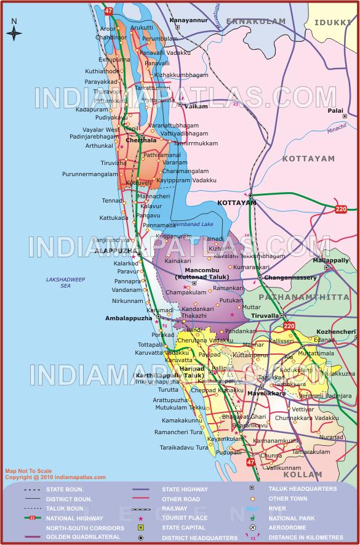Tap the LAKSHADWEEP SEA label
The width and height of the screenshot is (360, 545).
coord(65,283)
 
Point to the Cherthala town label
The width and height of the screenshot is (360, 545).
coord(141,140)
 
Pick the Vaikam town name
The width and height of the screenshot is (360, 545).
coord(196,107)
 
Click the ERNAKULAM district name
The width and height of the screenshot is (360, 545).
coord(256,22)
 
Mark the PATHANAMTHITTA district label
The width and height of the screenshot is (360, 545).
coord(303,297)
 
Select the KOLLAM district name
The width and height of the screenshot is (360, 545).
coord(303,474)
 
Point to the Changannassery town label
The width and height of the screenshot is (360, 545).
coord(290,278)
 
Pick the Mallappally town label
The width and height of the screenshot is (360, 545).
coord(331,260)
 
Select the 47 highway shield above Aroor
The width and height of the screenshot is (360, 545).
coord(109,11)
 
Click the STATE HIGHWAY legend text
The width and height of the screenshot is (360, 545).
coord(185,490)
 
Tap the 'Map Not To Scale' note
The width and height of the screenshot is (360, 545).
coord(28,471)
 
